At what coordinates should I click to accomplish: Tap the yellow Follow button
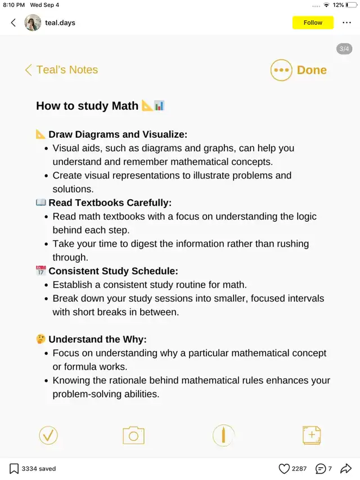point(313,23)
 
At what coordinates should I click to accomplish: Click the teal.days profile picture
point(33,23)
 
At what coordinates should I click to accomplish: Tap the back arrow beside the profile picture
point(13,23)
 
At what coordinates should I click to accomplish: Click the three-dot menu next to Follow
point(346,23)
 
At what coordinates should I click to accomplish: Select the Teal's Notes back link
point(61,70)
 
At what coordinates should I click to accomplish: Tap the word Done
point(312,70)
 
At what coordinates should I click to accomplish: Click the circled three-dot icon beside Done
point(281,70)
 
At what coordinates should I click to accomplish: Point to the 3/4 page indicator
point(344,49)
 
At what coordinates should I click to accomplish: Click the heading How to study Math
point(87,106)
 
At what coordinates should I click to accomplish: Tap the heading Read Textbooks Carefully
point(110,203)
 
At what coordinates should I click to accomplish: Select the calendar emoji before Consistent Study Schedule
point(40,271)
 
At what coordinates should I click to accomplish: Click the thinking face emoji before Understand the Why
point(40,339)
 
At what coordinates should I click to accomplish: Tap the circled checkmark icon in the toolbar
point(48,435)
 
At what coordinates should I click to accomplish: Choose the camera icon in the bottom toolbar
point(133,435)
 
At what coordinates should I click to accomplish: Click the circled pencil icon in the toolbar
point(223,435)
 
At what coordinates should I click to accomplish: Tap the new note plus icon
point(312,435)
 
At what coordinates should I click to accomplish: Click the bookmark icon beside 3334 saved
point(14,468)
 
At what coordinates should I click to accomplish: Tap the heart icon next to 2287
point(285,468)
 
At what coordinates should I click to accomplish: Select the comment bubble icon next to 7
point(321,468)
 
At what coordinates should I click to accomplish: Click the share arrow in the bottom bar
point(346,468)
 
